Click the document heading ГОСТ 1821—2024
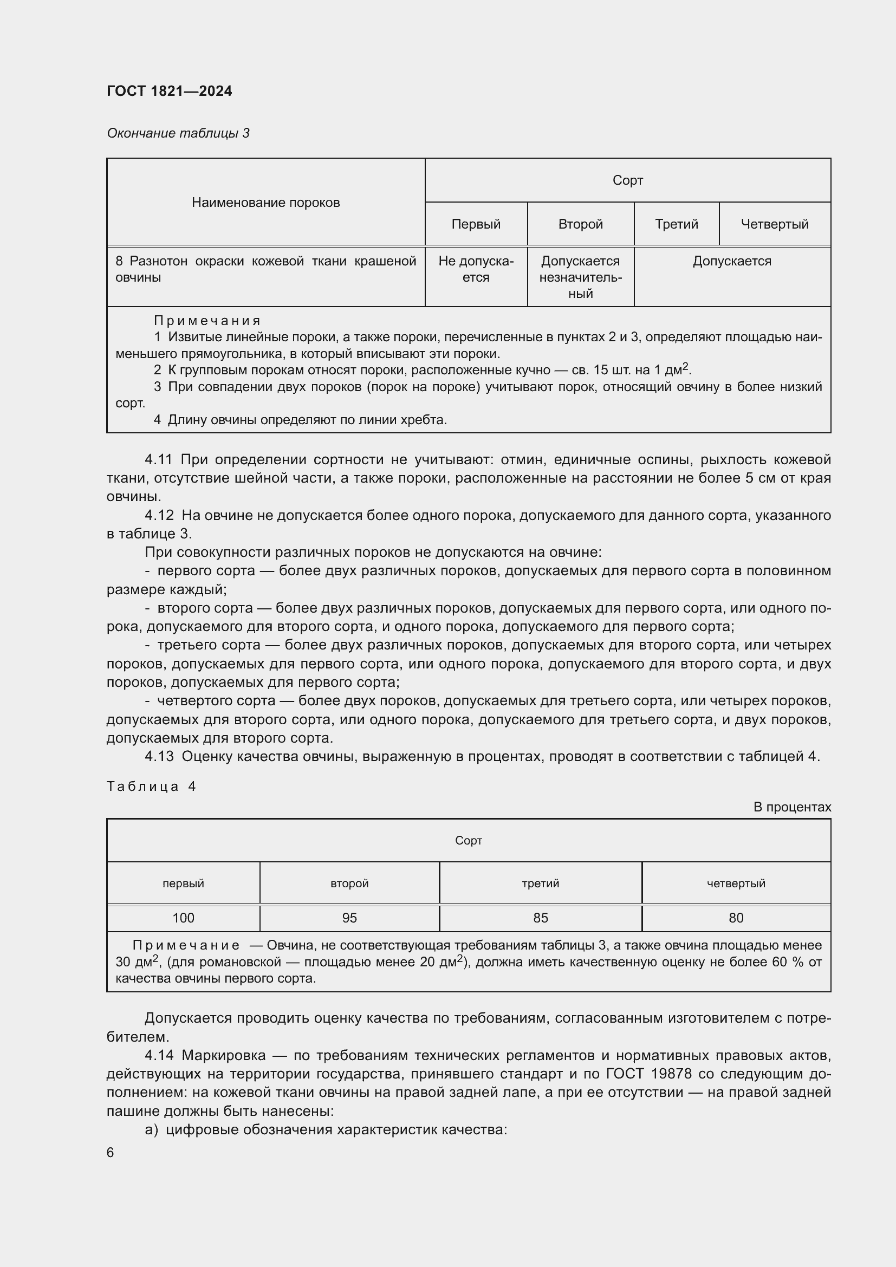click(x=169, y=91)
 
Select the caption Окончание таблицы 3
click(x=178, y=133)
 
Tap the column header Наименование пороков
click(x=265, y=203)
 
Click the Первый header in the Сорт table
click(x=476, y=224)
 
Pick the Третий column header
click(x=676, y=224)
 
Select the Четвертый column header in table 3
click(x=774, y=224)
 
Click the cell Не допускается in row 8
click(x=476, y=269)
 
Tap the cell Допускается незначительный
click(x=580, y=277)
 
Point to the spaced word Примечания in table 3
click(x=207, y=321)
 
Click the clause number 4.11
click(x=158, y=460)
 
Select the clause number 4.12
click(x=158, y=515)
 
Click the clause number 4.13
click(x=159, y=757)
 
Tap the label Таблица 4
click(x=151, y=787)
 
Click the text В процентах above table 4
click(x=792, y=807)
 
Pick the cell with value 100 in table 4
click(x=183, y=918)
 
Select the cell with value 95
click(x=349, y=918)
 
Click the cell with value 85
click(x=540, y=918)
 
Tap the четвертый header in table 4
click(x=736, y=883)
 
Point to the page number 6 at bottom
click(x=111, y=1153)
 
